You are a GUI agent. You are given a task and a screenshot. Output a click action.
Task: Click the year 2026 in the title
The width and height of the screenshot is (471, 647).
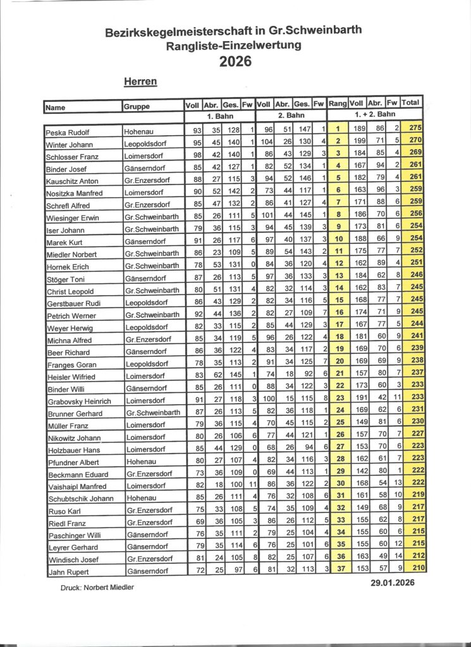235,61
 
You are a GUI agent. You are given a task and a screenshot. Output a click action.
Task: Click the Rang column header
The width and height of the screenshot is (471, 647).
338,103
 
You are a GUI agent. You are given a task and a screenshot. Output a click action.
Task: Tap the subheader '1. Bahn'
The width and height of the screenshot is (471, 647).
219,116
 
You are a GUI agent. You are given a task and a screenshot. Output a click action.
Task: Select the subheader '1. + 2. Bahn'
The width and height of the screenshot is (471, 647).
376,114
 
